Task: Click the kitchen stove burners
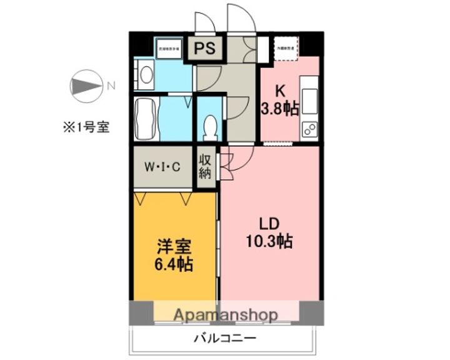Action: (x=309, y=129)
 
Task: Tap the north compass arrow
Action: (x=86, y=87)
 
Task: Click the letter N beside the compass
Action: (x=111, y=87)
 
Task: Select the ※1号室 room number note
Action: (x=84, y=127)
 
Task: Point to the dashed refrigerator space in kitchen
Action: (x=286, y=48)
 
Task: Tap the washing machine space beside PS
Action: (x=168, y=49)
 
